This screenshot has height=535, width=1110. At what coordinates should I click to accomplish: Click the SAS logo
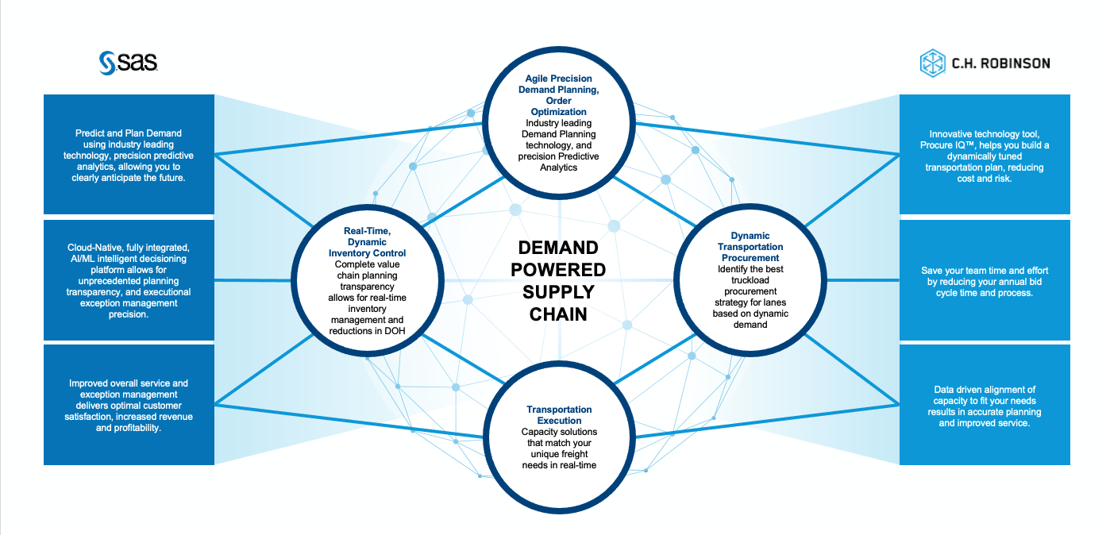[129, 63]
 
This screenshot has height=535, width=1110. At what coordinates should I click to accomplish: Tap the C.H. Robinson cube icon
[932, 64]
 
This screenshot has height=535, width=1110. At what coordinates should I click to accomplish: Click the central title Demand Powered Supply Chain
[558, 280]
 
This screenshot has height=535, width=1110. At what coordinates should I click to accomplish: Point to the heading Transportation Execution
[559, 415]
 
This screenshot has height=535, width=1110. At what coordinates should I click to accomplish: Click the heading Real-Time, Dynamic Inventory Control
[365, 242]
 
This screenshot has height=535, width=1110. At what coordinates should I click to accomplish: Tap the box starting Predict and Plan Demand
[129, 156]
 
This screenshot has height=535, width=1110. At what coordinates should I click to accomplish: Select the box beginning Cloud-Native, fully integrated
[129, 281]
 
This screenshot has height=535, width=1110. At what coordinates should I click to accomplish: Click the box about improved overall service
[129, 406]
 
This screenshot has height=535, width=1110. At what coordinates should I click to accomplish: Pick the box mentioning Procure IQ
[985, 156]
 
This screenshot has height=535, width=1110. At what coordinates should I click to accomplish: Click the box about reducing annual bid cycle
[985, 282]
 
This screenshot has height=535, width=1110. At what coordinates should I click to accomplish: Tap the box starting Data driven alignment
[985, 406]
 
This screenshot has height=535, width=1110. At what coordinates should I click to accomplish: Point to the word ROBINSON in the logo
[1017, 64]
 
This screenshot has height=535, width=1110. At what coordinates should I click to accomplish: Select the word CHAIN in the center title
[558, 314]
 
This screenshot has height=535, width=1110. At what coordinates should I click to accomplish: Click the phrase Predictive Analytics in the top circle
[559, 162]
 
